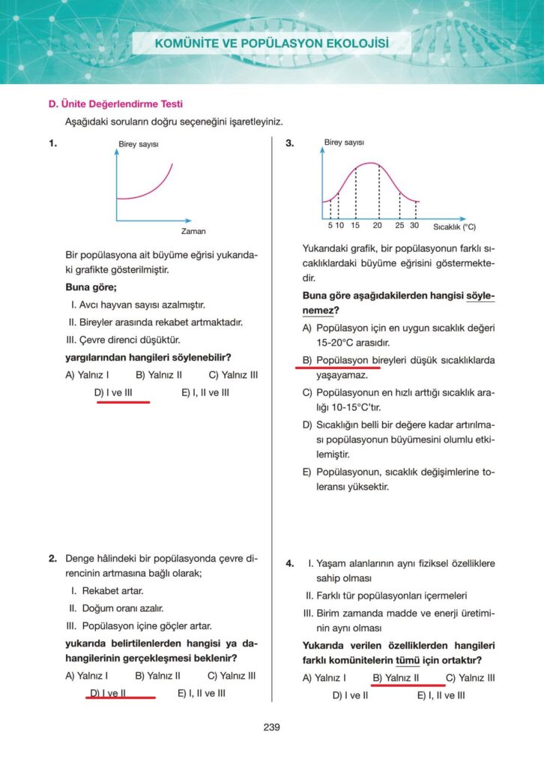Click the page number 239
[x=271, y=727]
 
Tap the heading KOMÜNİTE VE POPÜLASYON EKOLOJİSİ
[x=272, y=43]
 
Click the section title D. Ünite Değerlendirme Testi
[x=115, y=104]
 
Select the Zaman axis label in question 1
[x=193, y=231]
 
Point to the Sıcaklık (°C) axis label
[x=454, y=226]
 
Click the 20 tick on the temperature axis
[x=378, y=226]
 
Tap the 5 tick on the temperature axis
[x=330, y=226]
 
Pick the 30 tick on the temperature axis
[x=414, y=226]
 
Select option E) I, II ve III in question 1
[x=205, y=391]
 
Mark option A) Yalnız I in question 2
[x=87, y=676]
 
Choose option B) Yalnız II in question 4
[x=396, y=678]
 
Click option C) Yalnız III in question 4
[x=470, y=678]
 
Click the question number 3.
[x=290, y=143]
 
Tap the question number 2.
[x=53, y=559]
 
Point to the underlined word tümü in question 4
[x=405, y=661]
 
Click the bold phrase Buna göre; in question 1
[x=91, y=287]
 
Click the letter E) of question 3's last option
[x=307, y=472]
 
